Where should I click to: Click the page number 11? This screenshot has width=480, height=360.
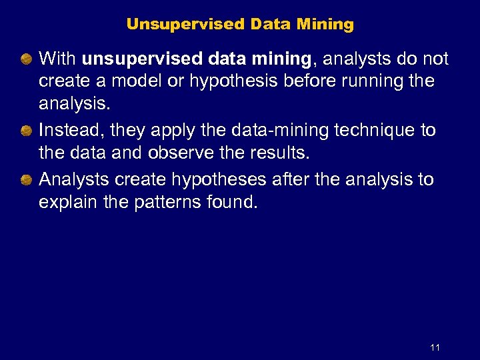(x=435, y=347)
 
